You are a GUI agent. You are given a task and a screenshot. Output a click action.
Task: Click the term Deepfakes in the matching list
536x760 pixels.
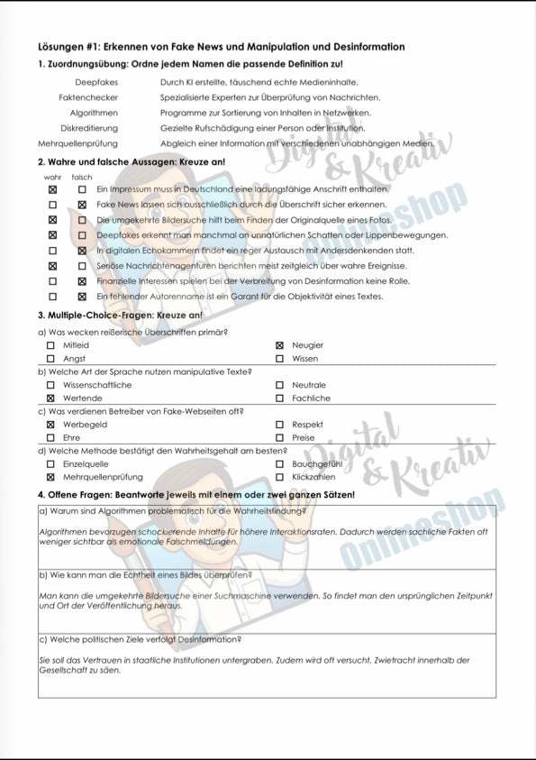(x=96, y=82)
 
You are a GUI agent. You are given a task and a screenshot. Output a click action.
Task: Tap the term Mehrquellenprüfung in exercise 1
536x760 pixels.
(x=77, y=143)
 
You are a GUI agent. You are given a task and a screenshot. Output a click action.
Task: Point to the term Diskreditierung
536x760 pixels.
(x=89, y=128)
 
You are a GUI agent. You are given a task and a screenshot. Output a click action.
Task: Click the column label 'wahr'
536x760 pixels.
(x=53, y=178)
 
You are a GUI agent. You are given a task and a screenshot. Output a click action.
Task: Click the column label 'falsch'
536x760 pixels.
(x=82, y=178)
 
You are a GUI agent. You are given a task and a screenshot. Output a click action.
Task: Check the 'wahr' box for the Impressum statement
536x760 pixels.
(x=52, y=189)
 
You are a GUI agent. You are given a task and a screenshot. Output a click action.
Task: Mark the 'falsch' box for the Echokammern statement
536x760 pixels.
(x=82, y=251)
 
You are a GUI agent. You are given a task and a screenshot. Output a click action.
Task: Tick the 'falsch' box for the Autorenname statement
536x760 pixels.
(x=82, y=297)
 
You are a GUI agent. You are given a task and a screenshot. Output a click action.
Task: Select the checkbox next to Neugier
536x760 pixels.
(x=279, y=345)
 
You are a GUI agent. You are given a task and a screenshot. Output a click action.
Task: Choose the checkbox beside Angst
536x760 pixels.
(x=50, y=359)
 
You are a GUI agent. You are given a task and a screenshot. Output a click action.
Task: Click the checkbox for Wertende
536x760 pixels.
(x=50, y=398)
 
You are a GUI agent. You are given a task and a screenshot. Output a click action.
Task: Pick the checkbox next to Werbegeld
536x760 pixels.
(x=50, y=425)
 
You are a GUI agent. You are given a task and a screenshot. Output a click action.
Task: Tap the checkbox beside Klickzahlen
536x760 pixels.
(x=279, y=477)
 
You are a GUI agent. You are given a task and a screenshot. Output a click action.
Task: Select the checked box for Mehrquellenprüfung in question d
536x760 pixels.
(x=50, y=477)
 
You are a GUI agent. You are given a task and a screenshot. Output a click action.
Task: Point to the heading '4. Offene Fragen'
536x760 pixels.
(x=195, y=495)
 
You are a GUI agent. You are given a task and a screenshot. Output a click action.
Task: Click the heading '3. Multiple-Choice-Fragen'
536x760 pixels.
(x=120, y=316)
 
